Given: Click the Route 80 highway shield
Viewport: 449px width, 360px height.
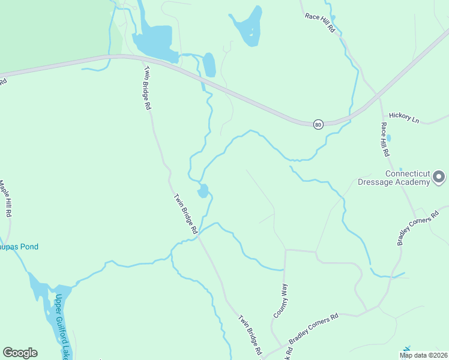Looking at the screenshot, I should [x=318, y=124].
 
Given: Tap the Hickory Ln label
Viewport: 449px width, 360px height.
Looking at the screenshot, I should [x=403, y=116].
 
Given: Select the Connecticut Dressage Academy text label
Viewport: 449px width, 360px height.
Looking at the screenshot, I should [x=408, y=178].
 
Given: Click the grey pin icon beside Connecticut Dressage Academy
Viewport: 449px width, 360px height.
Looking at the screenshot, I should [x=439, y=177].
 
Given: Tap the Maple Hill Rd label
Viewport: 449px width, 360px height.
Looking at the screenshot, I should [x=6, y=199].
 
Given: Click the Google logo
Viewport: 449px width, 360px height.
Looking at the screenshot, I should [x=20, y=353].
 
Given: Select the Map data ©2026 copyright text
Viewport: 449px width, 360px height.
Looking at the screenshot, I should [x=423, y=355].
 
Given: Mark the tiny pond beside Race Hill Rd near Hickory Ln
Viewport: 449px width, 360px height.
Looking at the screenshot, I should [x=388, y=138].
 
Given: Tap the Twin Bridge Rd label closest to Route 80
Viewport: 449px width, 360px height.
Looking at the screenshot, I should [x=146, y=88].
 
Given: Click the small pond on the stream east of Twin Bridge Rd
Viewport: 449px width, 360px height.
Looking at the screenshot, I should [x=203, y=191].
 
